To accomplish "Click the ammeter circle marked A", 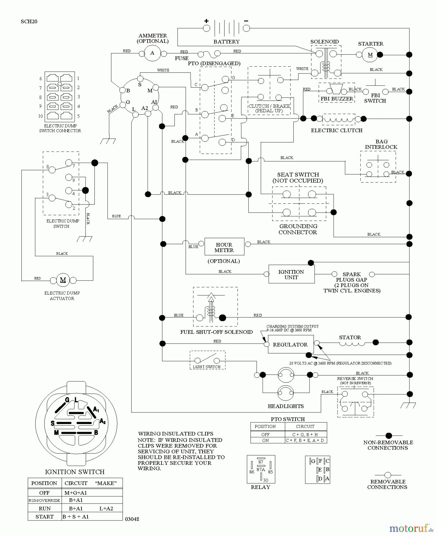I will click(x=152, y=53).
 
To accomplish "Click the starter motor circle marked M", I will click(x=370, y=55).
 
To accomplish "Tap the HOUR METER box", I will click(x=224, y=247).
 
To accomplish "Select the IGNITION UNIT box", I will click(x=291, y=274).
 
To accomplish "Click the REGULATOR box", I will click(x=290, y=345).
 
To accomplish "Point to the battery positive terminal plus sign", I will click(x=206, y=21).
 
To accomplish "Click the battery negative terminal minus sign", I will click(x=246, y=21).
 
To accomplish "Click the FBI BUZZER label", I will click(x=337, y=99).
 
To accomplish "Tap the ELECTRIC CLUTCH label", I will click(x=337, y=130).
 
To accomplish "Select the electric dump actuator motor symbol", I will click(x=63, y=280).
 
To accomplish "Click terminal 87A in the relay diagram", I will click(x=261, y=469).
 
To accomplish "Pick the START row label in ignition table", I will click(x=44, y=517).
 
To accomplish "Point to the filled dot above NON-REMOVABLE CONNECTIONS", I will click(x=388, y=436).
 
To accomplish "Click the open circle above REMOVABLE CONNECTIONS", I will click(x=388, y=475).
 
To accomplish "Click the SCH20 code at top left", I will click(x=29, y=21).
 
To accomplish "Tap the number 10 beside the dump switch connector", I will click(x=41, y=116).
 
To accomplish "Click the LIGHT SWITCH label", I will click(x=206, y=367).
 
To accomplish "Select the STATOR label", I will click(x=350, y=337).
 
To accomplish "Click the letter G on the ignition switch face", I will click(x=67, y=400).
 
